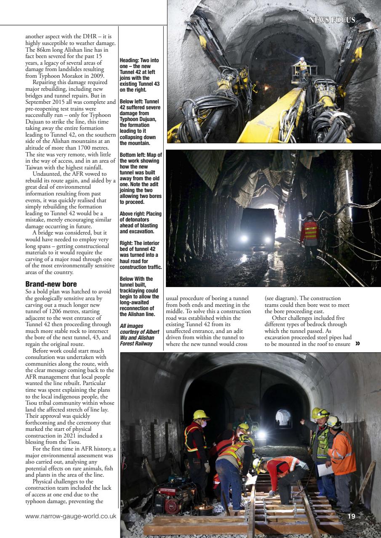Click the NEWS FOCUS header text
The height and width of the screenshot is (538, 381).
point(332,20)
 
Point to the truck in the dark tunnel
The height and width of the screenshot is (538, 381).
point(258,225)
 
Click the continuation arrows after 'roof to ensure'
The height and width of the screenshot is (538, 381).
point(358,343)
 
